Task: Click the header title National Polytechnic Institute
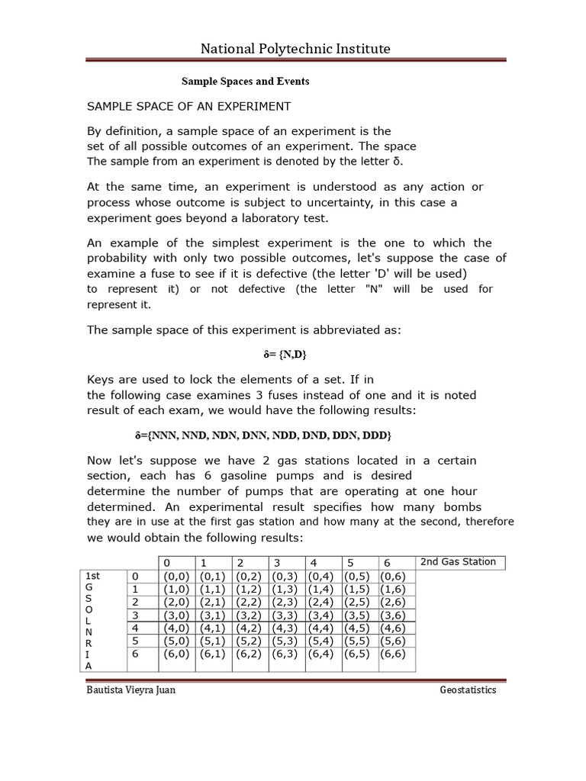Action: [x=295, y=49]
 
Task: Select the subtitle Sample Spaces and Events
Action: [x=244, y=81]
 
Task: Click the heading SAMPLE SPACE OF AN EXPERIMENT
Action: [x=188, y=105]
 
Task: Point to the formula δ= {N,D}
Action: [x=285, y=355]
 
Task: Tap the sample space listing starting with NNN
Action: [x=262, y=435]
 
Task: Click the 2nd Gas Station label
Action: [x=458, y=562]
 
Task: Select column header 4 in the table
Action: [x=314, y=563]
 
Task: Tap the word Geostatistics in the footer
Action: [x=468, y=690]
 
